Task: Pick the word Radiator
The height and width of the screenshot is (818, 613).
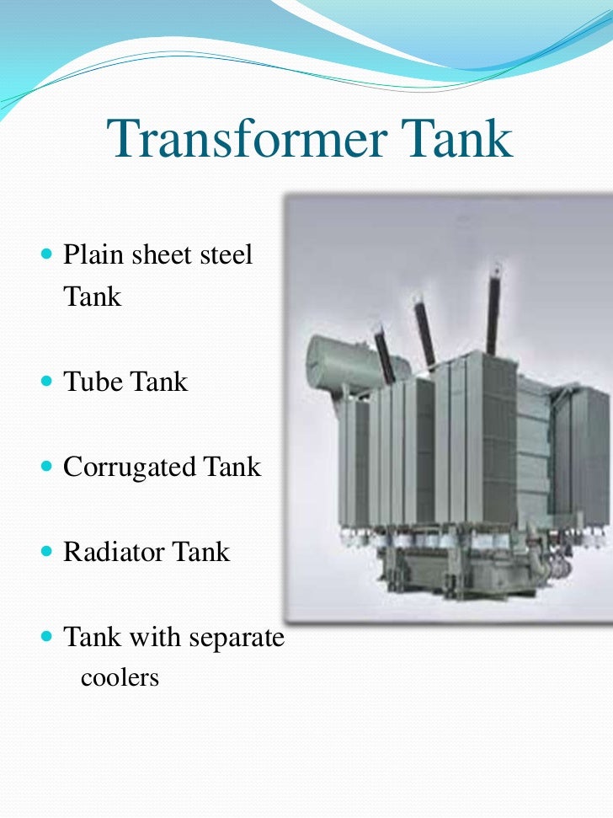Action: tap(114, 552)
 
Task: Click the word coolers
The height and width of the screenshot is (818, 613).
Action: tap(120, 676)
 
